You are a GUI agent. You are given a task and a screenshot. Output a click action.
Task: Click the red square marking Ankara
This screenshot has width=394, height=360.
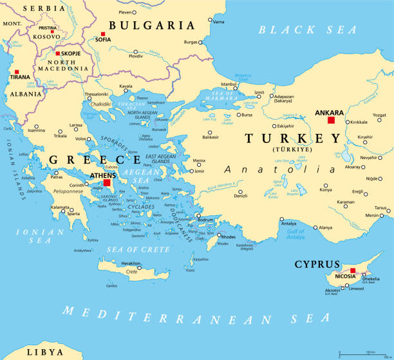(x=331, y=120)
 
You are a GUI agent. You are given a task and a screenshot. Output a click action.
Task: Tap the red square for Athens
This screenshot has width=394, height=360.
(x=98, y=183)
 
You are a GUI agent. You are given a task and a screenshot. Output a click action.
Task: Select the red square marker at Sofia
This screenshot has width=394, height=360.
(x=102, y=33)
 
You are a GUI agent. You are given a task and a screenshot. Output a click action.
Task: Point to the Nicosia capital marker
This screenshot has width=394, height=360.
(x=353, y=270)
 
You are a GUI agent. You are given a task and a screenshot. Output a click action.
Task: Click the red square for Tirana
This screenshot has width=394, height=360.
(x=17, y=72)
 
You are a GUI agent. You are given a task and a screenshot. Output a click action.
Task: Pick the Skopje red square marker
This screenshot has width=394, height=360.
(x=58, y=53)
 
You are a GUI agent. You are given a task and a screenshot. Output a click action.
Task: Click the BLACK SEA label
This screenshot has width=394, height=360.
(x=308, y=30)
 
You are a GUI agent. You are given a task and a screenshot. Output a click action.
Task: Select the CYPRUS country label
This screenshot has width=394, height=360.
(x=317, y=264)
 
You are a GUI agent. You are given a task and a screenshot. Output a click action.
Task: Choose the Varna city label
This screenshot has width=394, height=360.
(x=219, y=22)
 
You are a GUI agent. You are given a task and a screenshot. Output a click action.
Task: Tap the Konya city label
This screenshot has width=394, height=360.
(x=327, y=190)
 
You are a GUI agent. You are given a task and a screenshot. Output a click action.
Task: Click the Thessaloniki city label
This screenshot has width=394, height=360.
(x=96, y=94)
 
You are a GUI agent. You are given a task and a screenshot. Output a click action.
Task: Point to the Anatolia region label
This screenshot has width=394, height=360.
(x=280, y=170)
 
